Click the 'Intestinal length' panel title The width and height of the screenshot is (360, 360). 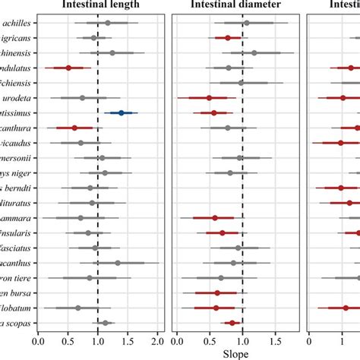click(x=98, y=7)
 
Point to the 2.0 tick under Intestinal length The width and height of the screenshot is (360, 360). click(x=158, y=338)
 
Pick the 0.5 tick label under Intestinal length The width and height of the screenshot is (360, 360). click(x=68, y=338)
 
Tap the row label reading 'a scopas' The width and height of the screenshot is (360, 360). click(x=16, y=323)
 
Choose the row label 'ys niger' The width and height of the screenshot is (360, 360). click(x=16, y=172)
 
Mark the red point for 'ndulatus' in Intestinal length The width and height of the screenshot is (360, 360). click(x=68, y=68)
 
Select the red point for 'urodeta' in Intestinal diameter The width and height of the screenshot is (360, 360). click(x=210, y=97)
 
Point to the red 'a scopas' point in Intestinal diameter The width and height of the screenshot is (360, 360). click(x=232, y=323)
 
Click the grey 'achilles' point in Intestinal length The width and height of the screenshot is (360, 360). click(x=108, y=23)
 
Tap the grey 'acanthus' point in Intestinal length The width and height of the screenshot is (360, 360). click(x=118, y=263)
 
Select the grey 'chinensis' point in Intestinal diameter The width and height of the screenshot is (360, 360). click(x=254, y=52)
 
